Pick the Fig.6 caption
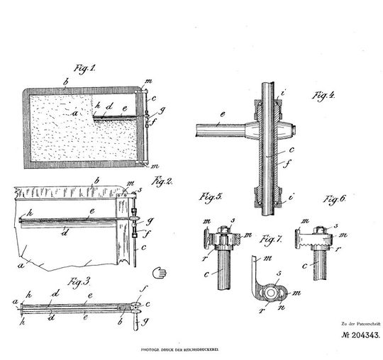click(335, 198)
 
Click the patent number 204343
click(352, 334)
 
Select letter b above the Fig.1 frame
click(65, 84)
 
